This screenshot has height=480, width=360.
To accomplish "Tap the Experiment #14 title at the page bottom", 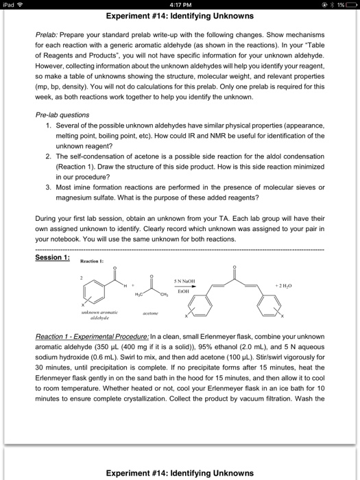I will click(x=180, y=472).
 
